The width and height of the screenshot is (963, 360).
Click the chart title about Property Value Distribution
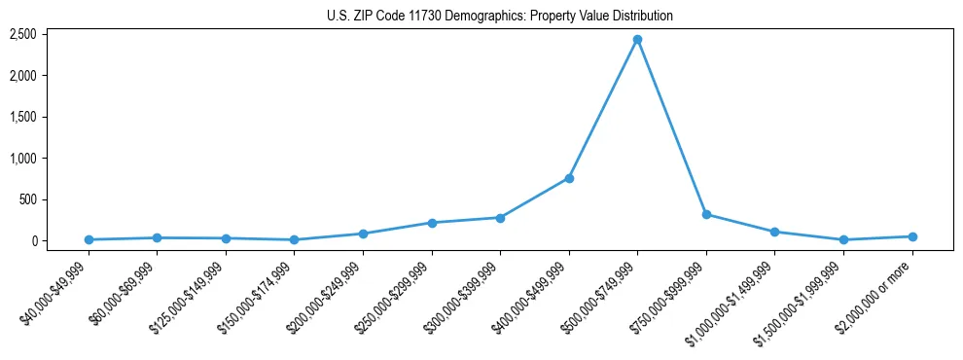click(x=498, y=17)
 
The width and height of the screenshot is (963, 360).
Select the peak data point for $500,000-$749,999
click(x=637, y=40)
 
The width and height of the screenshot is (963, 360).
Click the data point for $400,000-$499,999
click(x=569, y=178)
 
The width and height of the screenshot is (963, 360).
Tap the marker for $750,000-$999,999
click(x=706, y=214)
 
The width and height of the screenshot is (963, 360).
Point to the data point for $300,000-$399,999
click(x=500, y=218)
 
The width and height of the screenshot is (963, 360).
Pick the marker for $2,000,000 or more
click(x=911, y=236)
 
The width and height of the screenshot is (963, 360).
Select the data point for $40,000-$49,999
click(x=89, y=239)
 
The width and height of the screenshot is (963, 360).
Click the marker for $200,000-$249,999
click(x=363, y=234)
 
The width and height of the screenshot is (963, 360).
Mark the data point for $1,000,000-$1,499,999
click(x=774, y=232)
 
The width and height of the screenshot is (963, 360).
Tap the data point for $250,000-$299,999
click(x=432, y=223)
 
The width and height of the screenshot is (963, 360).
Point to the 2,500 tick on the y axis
click(x=23, y=34)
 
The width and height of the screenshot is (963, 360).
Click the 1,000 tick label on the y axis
click(x=23, y=159)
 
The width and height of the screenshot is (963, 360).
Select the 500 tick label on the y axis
click(x=28, y=199)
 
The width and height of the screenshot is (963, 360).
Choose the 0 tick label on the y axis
click(x=33, y=241)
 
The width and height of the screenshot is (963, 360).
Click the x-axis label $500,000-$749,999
click(x=601, y=298)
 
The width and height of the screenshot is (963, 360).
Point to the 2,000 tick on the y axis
click(x=23, y=76)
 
